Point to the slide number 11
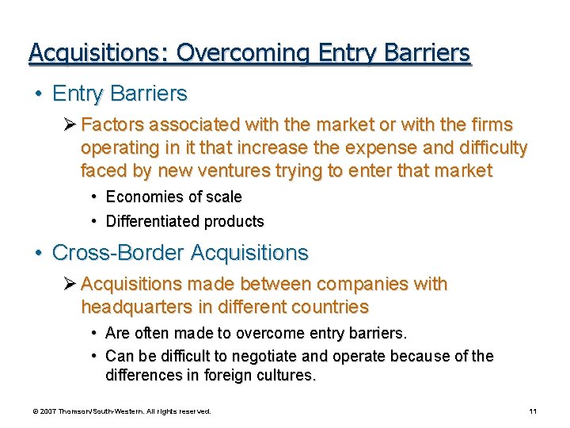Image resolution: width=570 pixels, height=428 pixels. click(x=533, y=411)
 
